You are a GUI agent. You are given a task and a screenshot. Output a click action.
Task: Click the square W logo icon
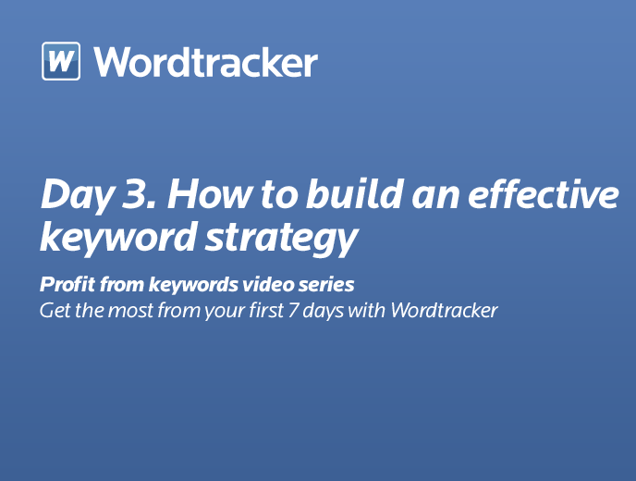61,61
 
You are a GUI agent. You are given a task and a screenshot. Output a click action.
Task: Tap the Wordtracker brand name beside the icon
205,62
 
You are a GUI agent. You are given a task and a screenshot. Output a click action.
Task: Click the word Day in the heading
77,195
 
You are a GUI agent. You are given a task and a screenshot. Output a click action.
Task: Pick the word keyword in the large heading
118,238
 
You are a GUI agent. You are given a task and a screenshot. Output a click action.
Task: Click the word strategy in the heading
282,240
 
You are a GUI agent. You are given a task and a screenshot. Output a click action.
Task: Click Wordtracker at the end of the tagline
444,311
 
